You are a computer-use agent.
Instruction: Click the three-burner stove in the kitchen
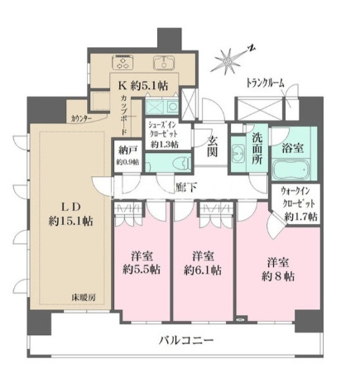coord(123,62)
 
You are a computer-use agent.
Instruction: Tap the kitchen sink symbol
coord(164,63)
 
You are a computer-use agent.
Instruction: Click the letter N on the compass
coord(251,49)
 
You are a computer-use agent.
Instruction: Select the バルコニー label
coord(186,341)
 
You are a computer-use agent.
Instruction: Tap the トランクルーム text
coord(265,83)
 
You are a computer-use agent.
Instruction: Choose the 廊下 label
coord(186,188)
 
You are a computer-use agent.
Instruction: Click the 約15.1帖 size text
coord(70,221)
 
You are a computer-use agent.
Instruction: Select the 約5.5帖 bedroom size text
coord(142,270)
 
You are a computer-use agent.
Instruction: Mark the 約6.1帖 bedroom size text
coord(203,270)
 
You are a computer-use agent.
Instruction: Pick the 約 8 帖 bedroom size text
coord(278,276)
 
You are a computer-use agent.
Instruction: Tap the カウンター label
coord(80,119)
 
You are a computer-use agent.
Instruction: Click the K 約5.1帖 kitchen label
coord(143,86)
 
